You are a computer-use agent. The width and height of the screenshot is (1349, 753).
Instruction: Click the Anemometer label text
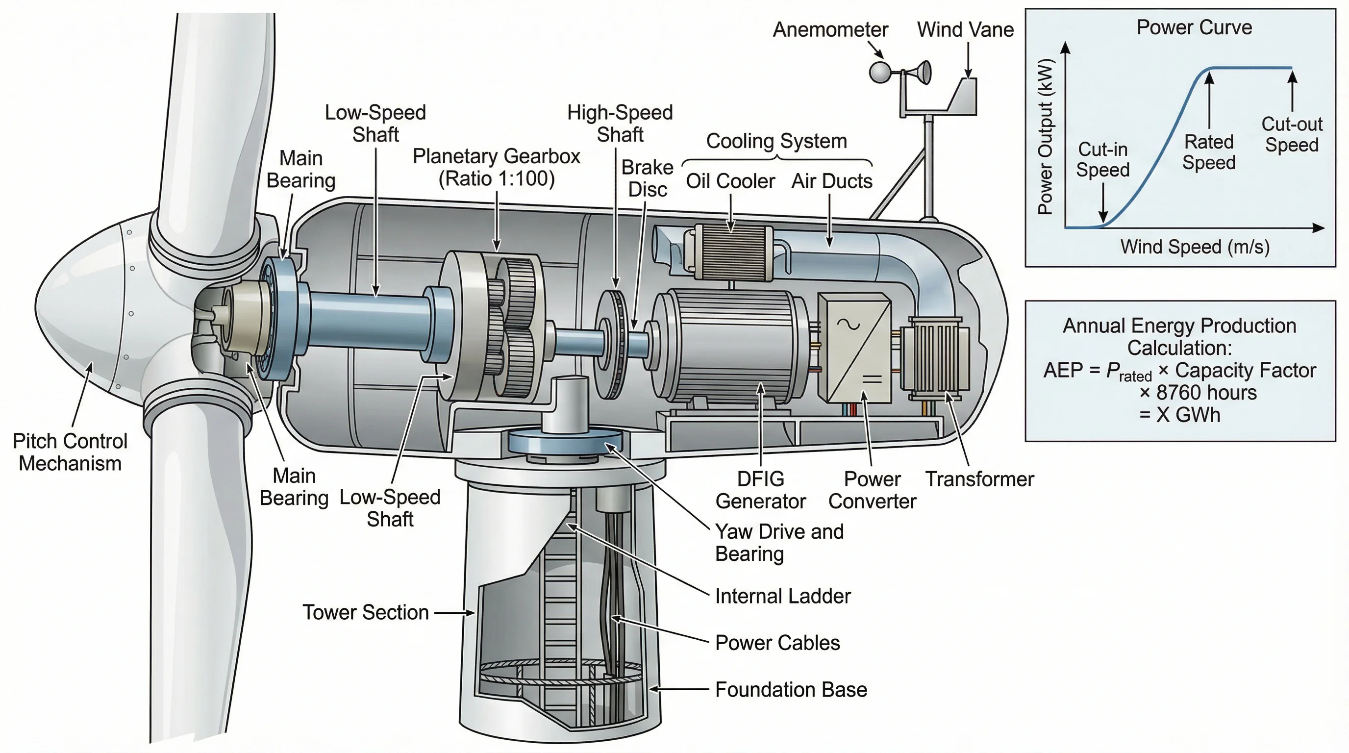(830, 30)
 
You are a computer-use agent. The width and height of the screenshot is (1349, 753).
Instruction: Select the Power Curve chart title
(1194, 27)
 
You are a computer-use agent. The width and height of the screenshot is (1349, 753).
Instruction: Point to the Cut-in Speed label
(1102, 160)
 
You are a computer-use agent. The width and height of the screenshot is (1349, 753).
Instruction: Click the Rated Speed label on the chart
(1209, 152)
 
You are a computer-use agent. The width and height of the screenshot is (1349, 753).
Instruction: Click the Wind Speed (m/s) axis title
(1195, 247)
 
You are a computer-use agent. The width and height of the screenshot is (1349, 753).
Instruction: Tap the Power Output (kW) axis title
(1045, 137)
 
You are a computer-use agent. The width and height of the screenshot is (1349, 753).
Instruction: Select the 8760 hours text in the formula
(1205, 393)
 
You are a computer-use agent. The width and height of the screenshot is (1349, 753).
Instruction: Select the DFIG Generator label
(760, 490)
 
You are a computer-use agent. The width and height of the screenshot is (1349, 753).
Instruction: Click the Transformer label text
(979, 479)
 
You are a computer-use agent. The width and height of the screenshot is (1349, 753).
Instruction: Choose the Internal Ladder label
(782, 597)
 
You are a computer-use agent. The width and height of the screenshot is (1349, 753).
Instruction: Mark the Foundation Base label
(791, 690)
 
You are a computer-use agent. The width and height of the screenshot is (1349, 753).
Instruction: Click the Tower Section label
(366, 613)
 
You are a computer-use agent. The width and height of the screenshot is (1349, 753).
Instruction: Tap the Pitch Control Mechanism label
(70, 452)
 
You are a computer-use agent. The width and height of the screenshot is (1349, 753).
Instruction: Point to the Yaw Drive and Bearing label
(779, 543)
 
